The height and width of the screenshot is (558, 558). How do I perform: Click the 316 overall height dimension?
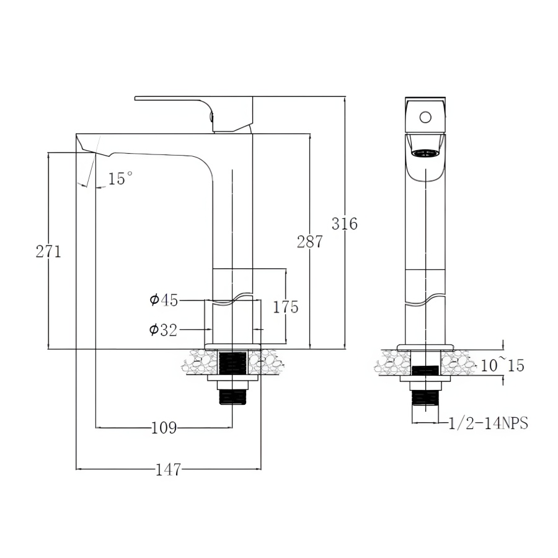345,224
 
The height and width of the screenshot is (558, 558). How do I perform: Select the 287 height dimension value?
310,242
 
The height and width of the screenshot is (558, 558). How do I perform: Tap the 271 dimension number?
48,252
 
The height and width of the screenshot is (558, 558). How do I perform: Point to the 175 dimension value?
286,307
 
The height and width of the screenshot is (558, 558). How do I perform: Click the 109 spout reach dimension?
164,427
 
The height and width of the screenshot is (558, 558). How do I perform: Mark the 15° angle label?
120,178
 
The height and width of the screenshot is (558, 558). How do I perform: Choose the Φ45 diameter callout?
163,300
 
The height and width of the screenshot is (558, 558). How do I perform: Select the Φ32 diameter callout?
163,330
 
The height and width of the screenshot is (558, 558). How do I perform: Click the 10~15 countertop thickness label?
502,365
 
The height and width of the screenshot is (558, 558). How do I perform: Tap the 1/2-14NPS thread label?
488,423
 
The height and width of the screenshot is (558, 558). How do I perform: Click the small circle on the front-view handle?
425,117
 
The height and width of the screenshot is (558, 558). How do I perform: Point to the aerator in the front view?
425,153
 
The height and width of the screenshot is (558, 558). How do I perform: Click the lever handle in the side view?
193,114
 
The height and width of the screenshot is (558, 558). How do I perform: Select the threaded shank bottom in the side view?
232,397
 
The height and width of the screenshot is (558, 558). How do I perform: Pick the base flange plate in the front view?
425,347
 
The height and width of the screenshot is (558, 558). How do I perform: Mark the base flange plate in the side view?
233,347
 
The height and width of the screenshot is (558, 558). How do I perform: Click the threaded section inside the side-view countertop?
232,363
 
